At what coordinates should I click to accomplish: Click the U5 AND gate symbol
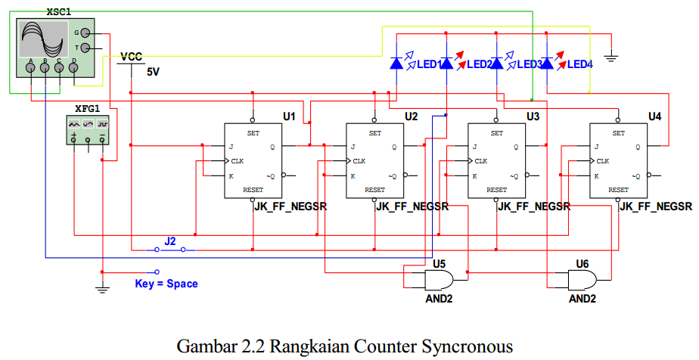pos(438,280)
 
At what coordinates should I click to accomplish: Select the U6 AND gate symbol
pos(582,280)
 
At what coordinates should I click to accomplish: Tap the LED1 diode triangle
pos(396,64)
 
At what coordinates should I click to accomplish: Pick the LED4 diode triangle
pos(546,64)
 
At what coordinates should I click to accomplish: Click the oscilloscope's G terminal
pos(85,33)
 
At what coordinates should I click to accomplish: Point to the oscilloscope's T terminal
pos(85,48)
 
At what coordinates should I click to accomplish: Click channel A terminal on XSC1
pos(31,67)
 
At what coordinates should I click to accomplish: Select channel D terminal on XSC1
pos(73,67)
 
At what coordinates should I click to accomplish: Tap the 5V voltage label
pos(153,72)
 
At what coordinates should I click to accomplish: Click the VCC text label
pos(132,57)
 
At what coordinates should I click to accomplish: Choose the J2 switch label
pos(170,241)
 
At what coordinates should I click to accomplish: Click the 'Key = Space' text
pos(166,284)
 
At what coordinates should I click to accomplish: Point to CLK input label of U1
pos(238,161)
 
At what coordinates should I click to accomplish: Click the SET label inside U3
pos(496,133)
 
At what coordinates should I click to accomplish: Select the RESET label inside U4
pos(618,190)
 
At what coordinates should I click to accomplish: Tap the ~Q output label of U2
pos(393,176)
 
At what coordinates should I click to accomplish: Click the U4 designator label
pos(654,116)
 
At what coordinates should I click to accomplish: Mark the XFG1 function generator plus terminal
pos(74,138)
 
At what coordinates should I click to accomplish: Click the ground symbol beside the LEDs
pos(611,57)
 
